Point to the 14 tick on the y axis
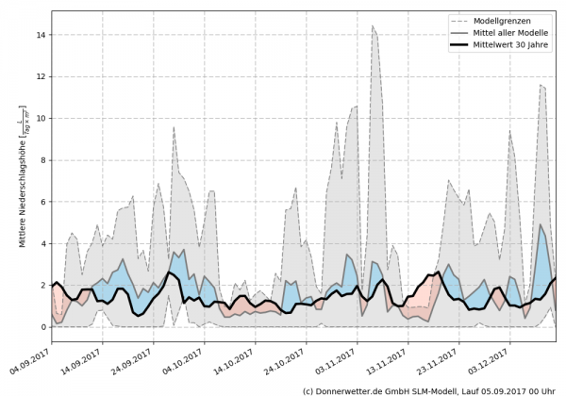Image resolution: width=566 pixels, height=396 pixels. pyautogui.click(x=41, y=35)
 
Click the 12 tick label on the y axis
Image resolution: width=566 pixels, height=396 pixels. pyautogui.click(x=41, y=76)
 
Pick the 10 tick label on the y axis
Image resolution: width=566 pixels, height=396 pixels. pyautogui.click(x=41, y=118)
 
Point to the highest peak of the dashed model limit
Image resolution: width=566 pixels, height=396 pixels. pyautogui.click(x=374, y=26)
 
